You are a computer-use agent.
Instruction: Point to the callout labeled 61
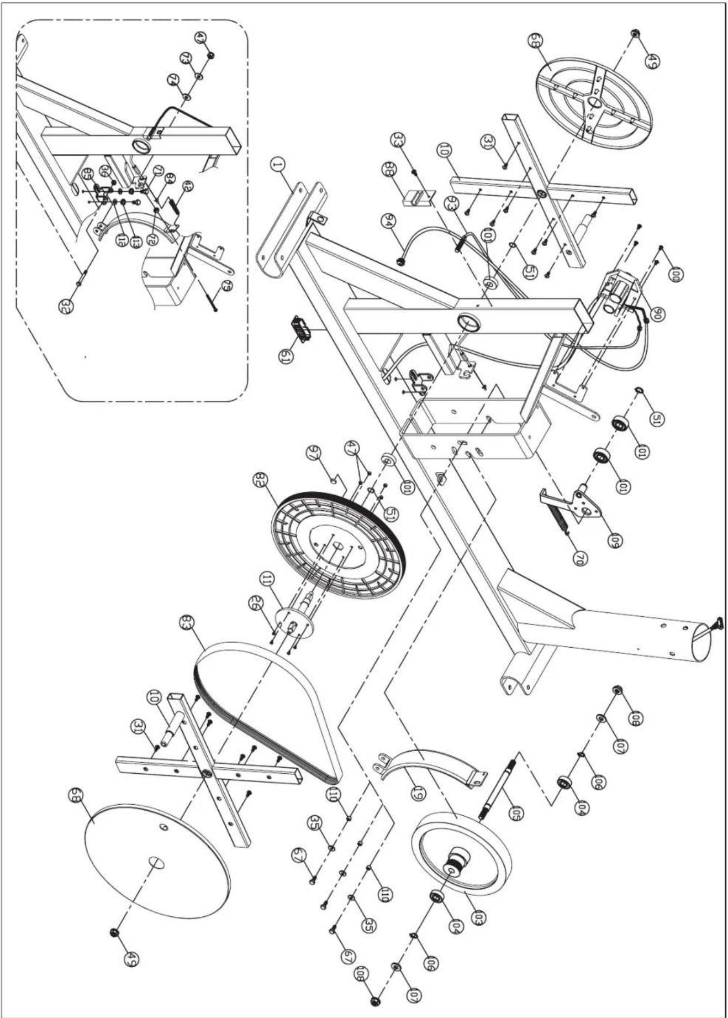pyautogui.click(x=286, y=351)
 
